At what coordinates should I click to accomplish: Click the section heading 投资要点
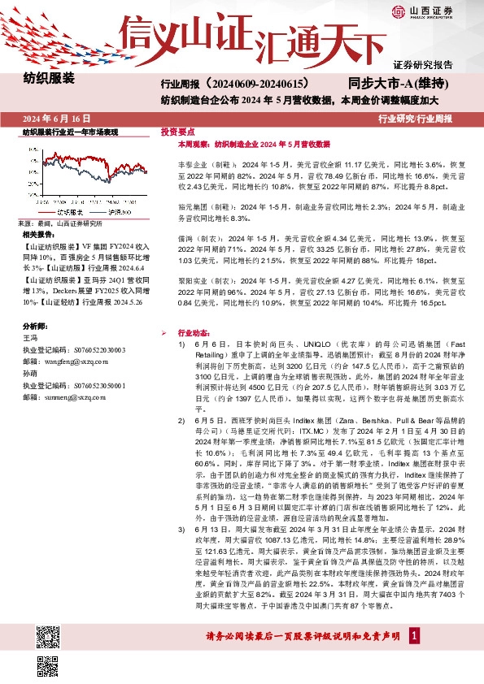[x=177, y=131]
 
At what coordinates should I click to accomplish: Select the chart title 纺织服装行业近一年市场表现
[x=70, y=131]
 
